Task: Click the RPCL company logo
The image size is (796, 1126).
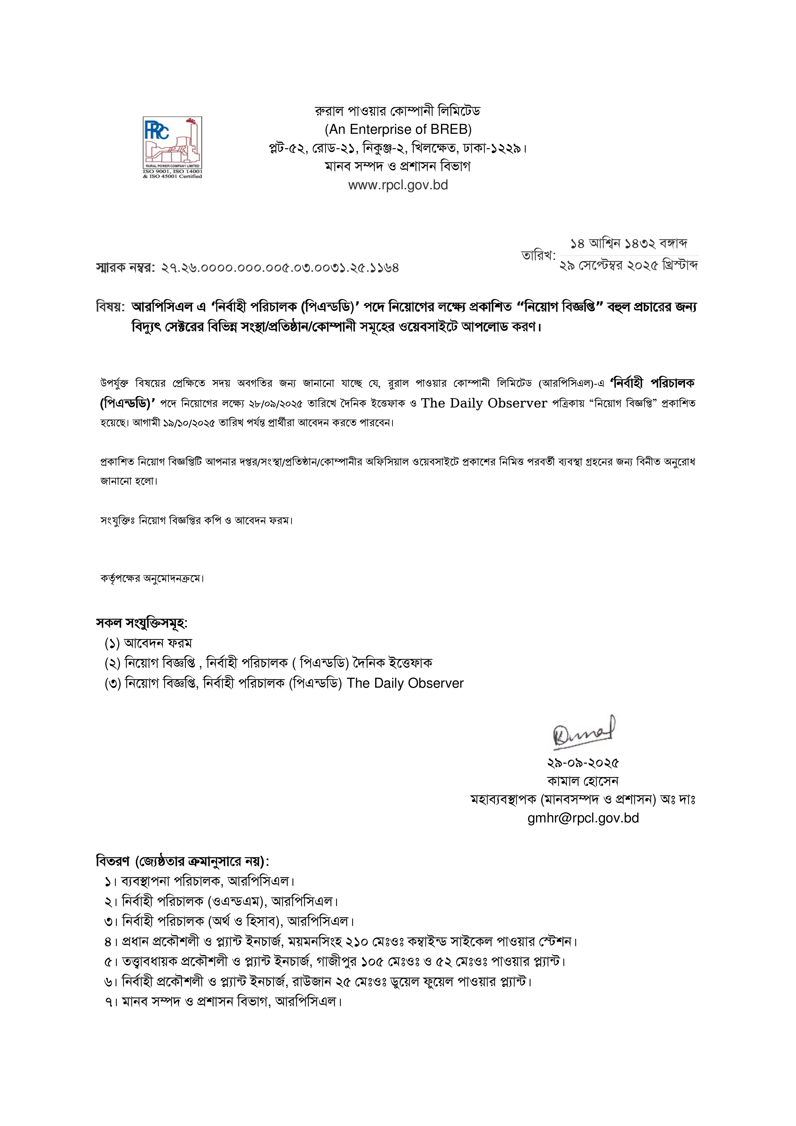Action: coord(172,147)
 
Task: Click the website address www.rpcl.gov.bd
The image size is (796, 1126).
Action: coord(398,185)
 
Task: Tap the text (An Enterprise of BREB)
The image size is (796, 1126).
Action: coord(398,129)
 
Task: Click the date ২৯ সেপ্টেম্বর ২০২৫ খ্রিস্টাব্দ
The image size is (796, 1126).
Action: coord(628,266)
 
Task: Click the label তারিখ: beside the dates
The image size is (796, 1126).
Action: coord(538,255)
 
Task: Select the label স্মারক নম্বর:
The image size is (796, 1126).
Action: coord(125,268)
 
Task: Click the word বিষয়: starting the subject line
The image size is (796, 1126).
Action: coord(110,307)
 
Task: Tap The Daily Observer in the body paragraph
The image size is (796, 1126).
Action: coord(484,403)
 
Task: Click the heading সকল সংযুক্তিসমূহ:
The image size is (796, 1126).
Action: coord(142,623)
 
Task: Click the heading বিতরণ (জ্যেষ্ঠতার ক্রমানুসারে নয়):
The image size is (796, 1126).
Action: coord(182,861)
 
